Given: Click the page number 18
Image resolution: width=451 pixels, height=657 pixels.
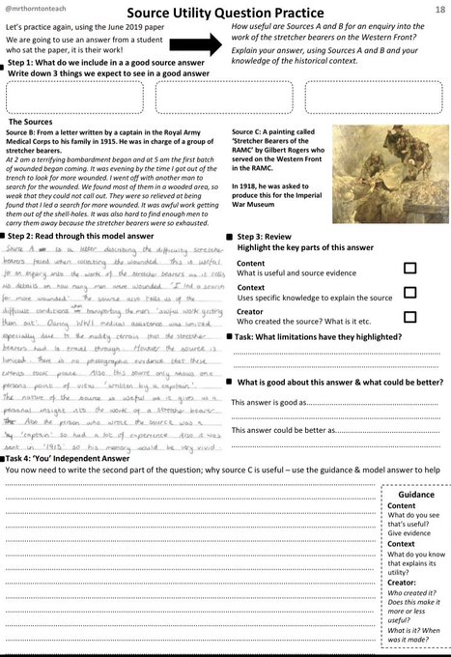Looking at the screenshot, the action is coord(439,7).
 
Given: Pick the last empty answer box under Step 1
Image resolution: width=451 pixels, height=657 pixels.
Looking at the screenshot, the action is coord(399,97).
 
